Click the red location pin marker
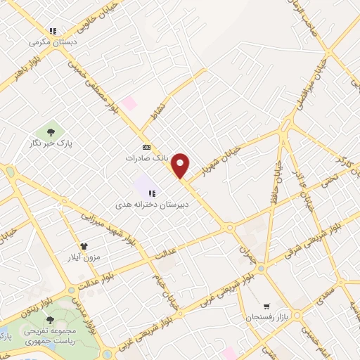[x=181, y=165]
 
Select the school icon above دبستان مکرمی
[x=53, y=31]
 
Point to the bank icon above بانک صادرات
[x=146, y=147]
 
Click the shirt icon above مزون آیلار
[x=84, y=247]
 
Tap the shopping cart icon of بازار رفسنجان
[x=266, y=306]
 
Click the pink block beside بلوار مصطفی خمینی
[x=129, y=103]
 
